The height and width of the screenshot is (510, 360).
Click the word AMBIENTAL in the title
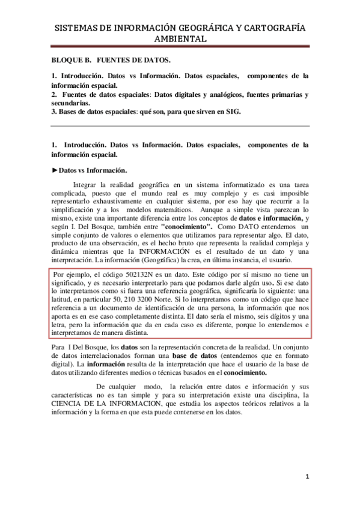(180, 38)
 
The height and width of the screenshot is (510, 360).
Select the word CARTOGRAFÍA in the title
(271, 28)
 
